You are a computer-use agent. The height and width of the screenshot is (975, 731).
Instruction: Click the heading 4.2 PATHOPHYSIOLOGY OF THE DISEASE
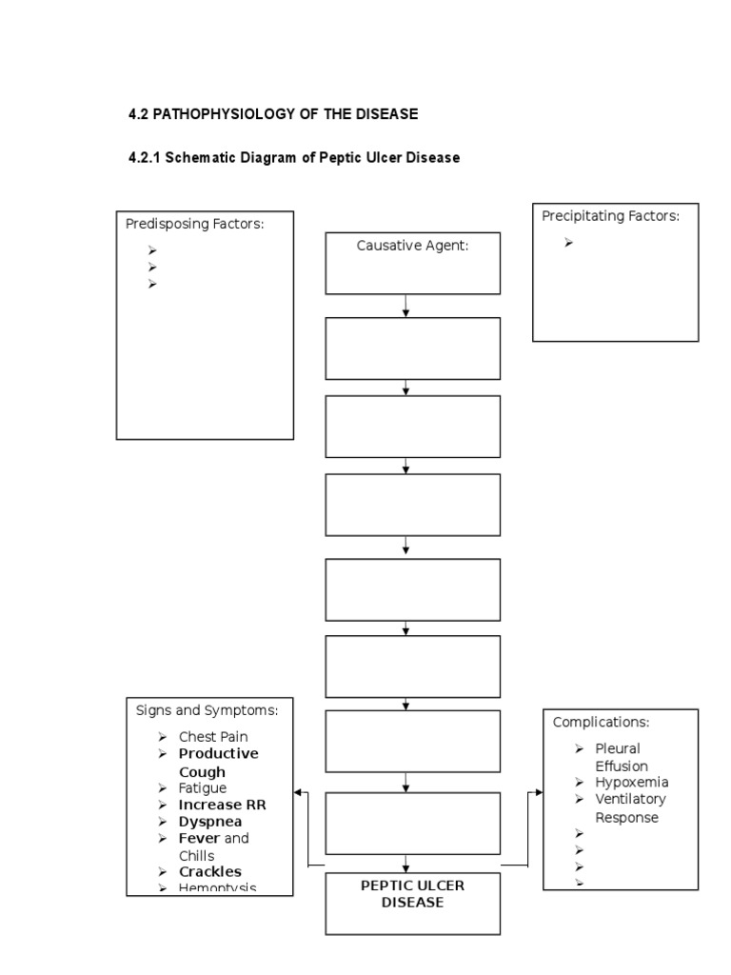pos(273,114)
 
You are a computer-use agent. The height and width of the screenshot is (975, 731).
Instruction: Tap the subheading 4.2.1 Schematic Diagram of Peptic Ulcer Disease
pos(294,158)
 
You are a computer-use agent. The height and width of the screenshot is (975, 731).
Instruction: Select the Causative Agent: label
pos(413,246)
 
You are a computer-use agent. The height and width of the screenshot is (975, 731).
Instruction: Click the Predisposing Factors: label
pos(194,223)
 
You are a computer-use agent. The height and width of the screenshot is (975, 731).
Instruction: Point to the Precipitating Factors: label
pos(610,216)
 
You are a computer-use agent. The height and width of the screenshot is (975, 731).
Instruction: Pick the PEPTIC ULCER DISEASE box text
pos(412,893)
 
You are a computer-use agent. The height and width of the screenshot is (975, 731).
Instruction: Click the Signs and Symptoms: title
pos(207,709)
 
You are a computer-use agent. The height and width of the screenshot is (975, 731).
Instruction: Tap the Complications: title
pos(601,722)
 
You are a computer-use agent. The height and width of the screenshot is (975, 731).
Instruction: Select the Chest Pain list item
pos(213,737)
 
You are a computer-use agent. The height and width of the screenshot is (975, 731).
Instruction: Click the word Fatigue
pos(203,788)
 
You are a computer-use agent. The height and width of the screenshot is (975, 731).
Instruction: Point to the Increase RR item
pos(222,805)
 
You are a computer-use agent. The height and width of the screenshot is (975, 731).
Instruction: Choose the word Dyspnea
pos(210,822)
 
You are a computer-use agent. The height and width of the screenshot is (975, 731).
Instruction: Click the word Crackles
pos(210,872)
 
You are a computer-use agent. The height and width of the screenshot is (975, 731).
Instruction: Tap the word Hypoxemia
pos(632,783)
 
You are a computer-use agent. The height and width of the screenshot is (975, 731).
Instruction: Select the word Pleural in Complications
pos(618,748)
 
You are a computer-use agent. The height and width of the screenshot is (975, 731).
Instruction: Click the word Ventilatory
pos(630,799)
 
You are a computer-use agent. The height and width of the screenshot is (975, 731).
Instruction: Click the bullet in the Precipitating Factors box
pos(568,243)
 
